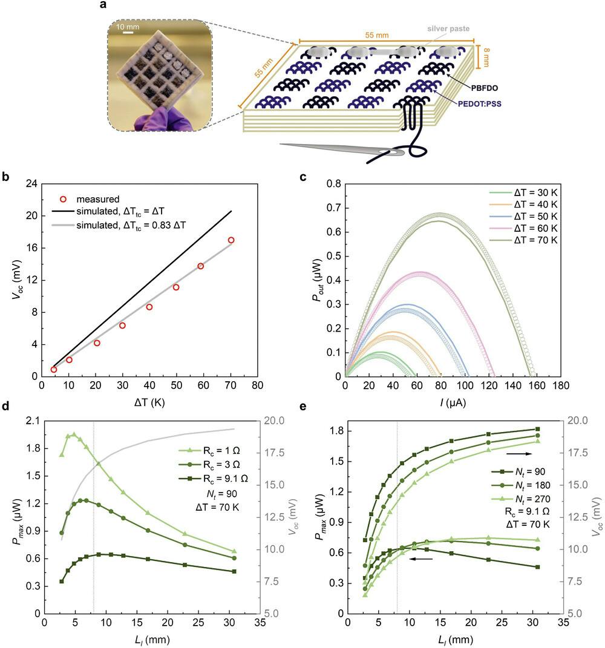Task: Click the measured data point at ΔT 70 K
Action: (231, 240)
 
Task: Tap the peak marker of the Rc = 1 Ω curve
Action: (74, 434)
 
